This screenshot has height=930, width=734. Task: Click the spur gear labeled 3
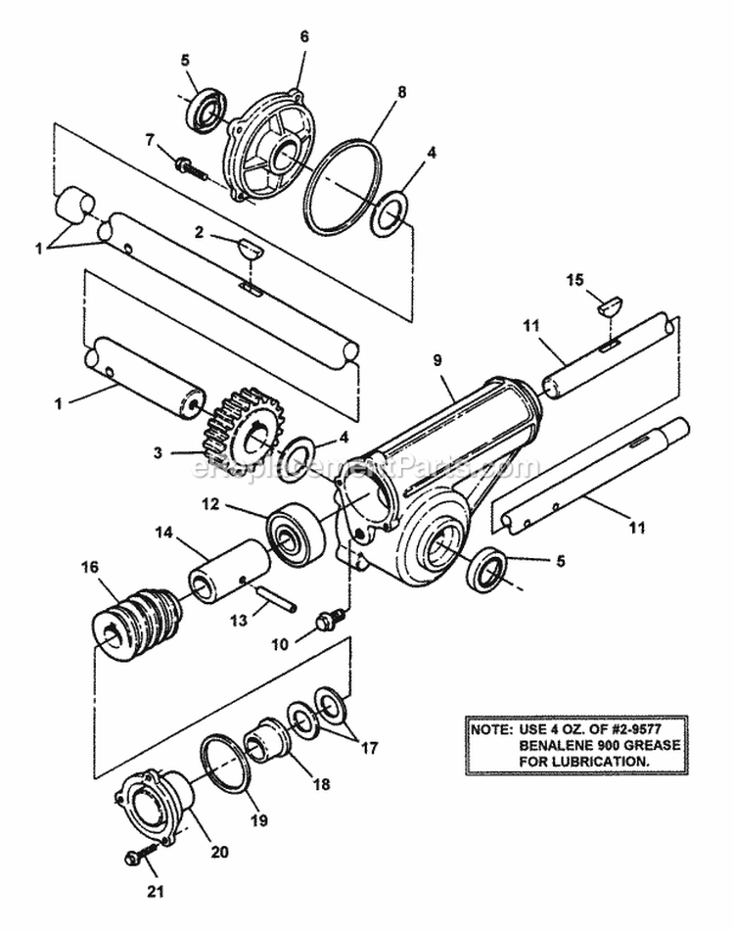(241, 431)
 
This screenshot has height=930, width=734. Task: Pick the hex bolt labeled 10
(328, 620)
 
